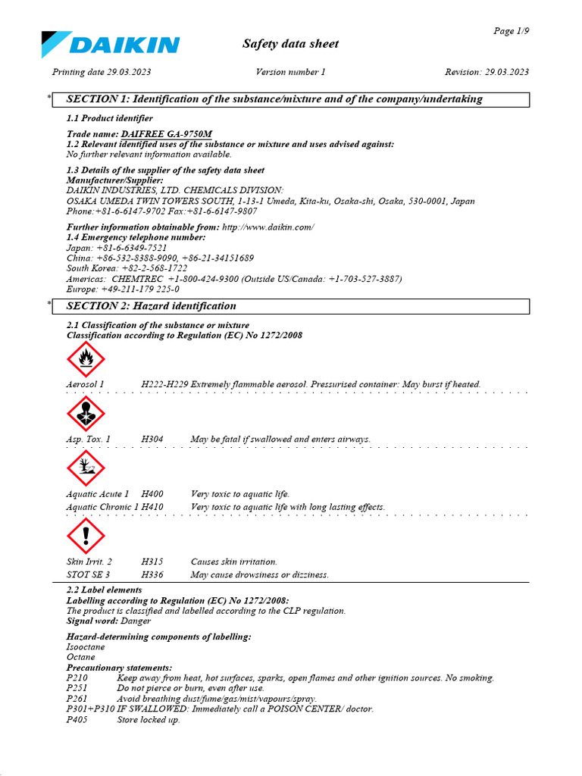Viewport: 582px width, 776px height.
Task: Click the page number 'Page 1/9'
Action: pos(511,31)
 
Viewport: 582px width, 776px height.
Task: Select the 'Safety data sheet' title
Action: pos(290,44)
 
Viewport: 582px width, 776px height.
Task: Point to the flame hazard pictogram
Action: pos(86,359)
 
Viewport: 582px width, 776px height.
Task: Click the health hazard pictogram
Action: pos(86,414)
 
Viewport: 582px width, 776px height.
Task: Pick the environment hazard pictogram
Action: pos(86,468)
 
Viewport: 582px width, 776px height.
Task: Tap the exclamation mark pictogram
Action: pos(86,537)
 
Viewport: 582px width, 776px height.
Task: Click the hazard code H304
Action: pos(152,439)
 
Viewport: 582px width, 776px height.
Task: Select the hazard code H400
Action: pos(152,494)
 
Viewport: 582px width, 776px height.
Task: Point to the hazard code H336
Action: pos(152,575)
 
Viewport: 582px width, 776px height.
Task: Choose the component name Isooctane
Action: pos(86,648)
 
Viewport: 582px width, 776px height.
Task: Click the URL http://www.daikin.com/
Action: pos(268,227)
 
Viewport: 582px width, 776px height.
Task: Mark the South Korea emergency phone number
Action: pos(144,268)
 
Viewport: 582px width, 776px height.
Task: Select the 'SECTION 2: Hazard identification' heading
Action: pos(152,306)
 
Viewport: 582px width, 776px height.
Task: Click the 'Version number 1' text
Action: pos(290,72)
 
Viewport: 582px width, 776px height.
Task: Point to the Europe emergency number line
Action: pos(123,289)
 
